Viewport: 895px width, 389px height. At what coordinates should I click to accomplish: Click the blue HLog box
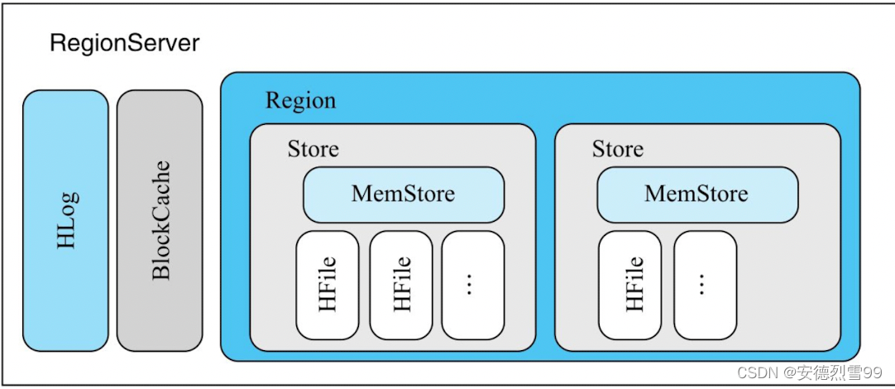coord(65,220)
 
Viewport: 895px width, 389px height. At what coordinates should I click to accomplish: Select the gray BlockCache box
coord(160,220)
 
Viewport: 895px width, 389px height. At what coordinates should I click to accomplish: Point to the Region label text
coord(300,101)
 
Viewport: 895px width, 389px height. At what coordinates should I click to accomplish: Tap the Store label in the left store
coord(313,149)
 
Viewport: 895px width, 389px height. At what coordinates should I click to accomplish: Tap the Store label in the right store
coord(617,149)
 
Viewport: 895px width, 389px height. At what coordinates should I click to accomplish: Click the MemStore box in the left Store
coord(403,194)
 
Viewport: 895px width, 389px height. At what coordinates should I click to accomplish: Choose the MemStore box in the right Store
coord(696,194)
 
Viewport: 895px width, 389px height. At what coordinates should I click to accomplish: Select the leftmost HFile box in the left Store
coord(328,284)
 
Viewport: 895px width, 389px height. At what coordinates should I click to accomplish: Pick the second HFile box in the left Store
coord(401,284)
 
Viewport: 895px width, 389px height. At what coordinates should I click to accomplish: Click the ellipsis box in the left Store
coord(472,284)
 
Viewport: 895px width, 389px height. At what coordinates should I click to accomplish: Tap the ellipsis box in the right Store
coord(705,284)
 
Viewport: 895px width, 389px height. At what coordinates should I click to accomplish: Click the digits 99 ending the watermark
coord(873,373)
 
